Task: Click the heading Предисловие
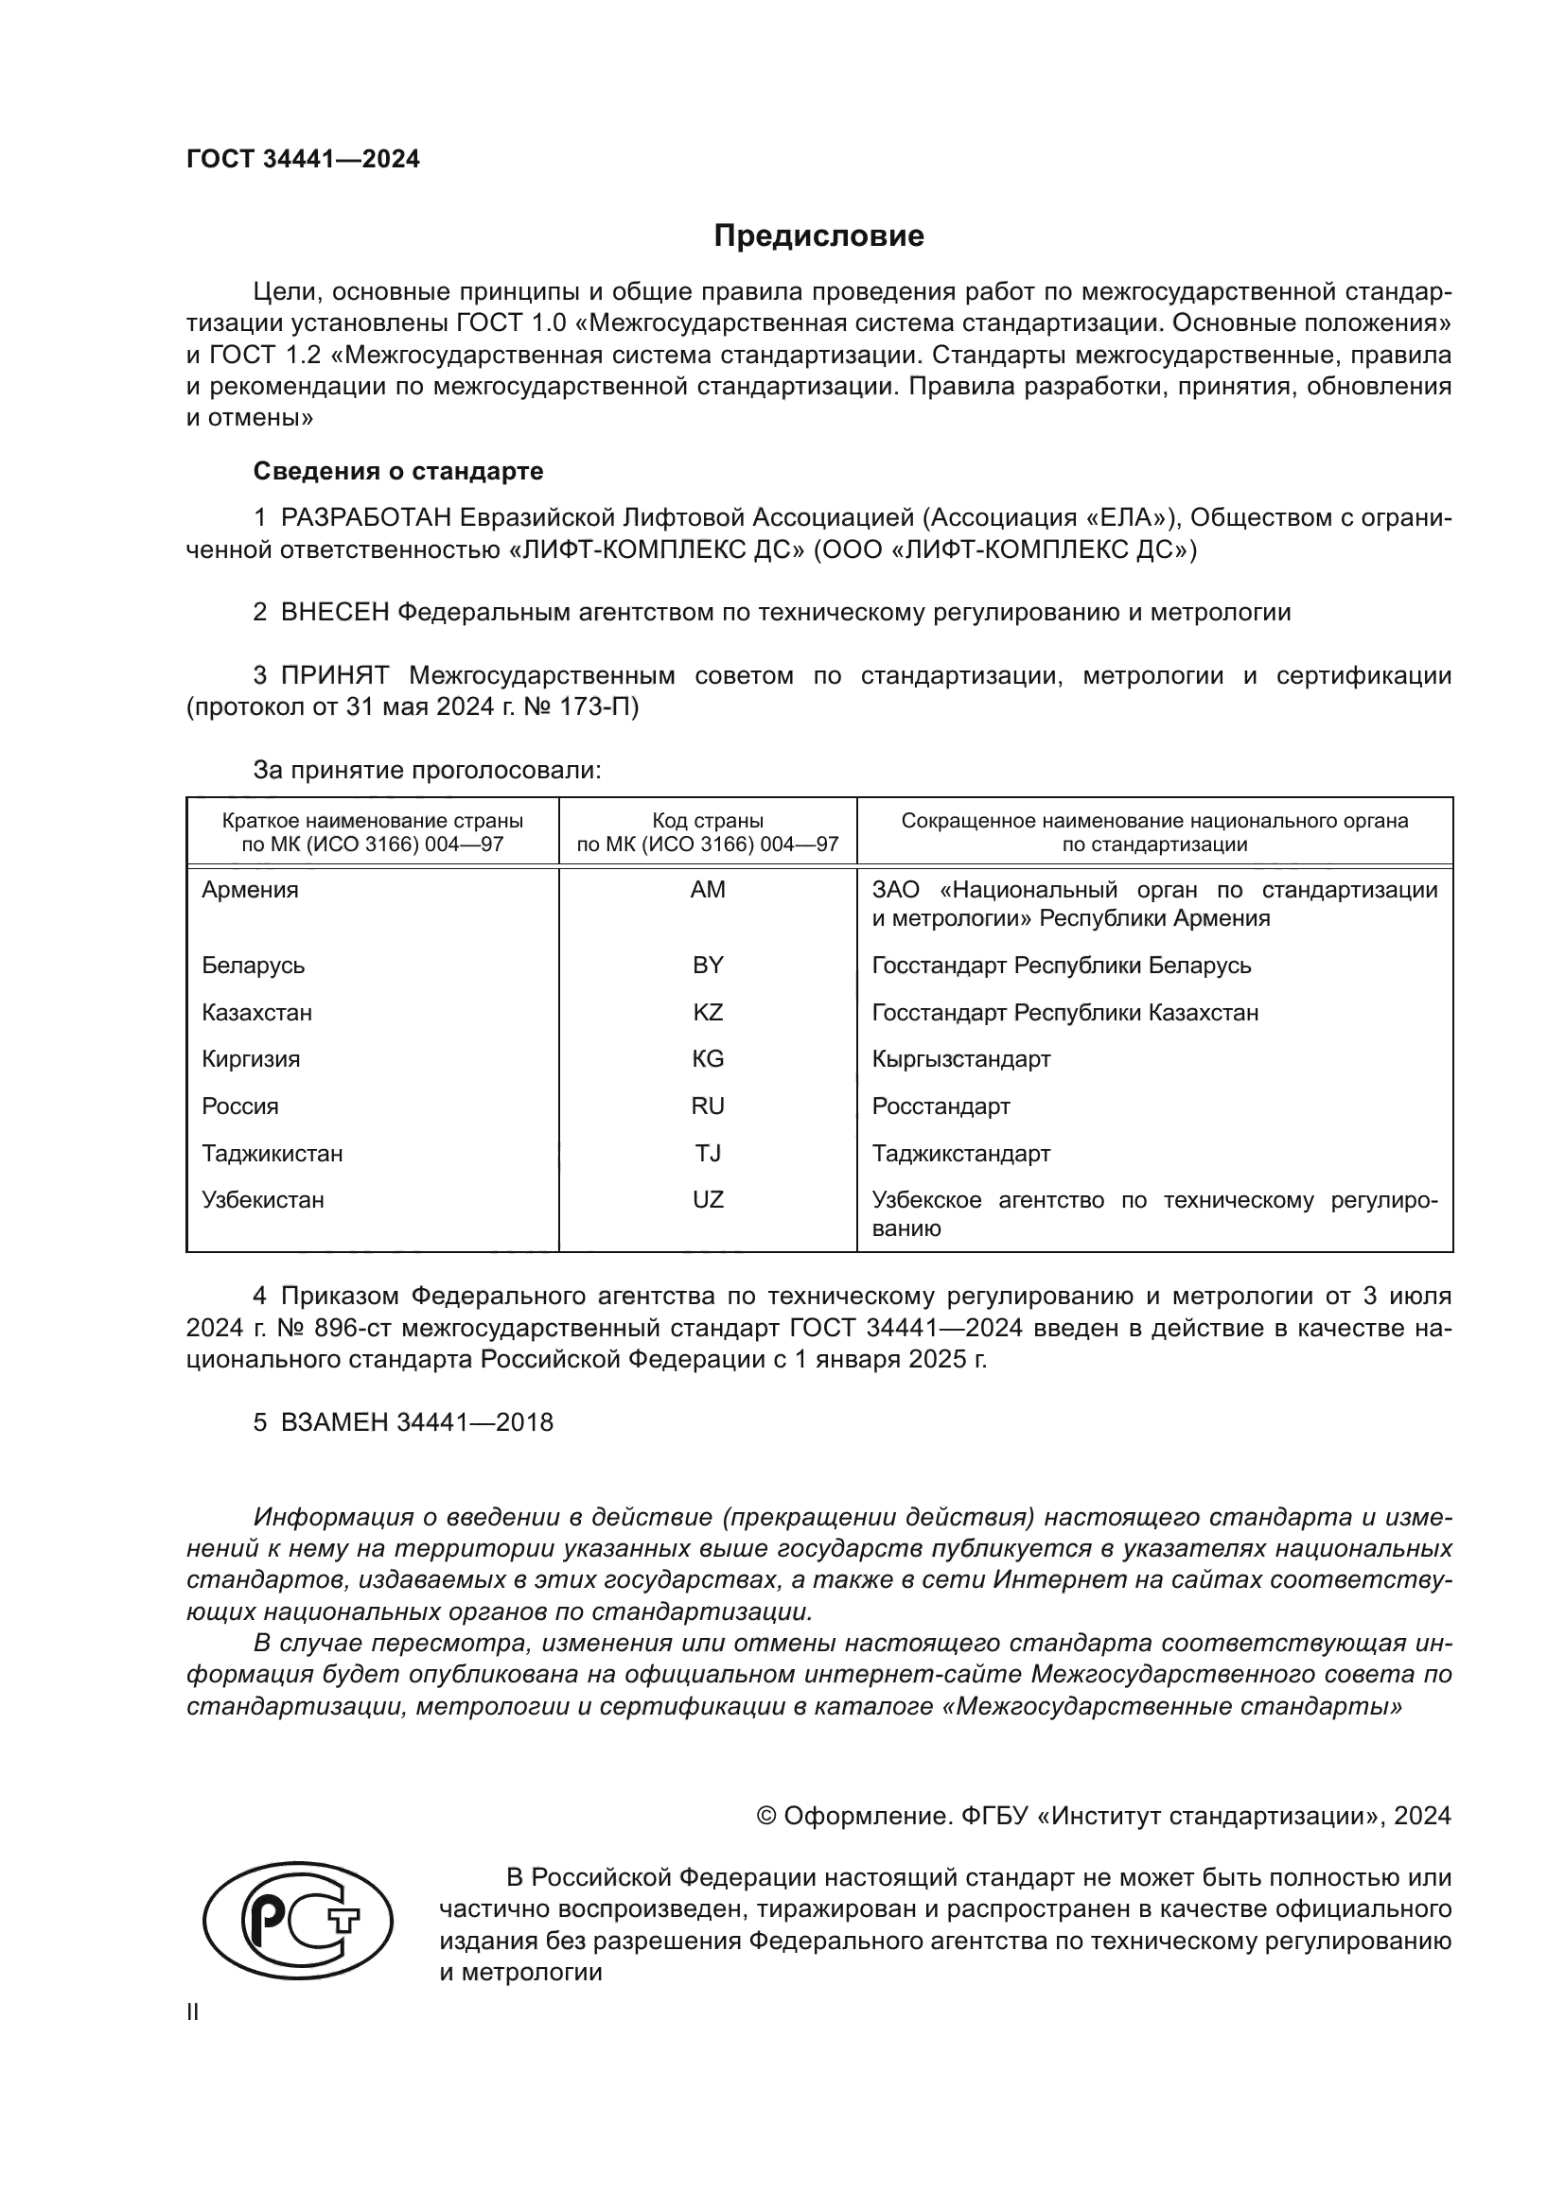pos(818,236)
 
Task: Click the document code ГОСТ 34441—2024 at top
pos(303,160)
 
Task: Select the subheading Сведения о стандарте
pos(398,471)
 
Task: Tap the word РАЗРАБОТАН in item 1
pos(365,518)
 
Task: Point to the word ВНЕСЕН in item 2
pos(334,612)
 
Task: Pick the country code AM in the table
pos(708,890)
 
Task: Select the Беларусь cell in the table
pos(253,966)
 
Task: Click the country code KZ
pos(708,1013)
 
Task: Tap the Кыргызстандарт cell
pos(960,1059)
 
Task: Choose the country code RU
pos(708,1106)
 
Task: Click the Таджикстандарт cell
pos(960,1153)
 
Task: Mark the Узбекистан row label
pos(262,1200)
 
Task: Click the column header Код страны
pos(708,821)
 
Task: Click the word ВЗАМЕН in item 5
pos(334,1422)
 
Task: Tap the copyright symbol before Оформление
pos(766,1816)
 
